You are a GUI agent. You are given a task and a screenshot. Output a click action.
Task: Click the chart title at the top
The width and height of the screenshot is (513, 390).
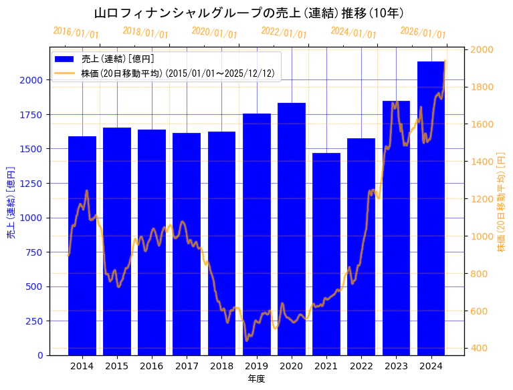point(249,13)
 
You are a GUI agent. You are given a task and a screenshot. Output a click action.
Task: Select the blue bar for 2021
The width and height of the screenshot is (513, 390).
point(326,254)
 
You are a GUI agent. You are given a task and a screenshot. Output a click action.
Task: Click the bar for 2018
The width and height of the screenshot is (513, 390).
point(221,243)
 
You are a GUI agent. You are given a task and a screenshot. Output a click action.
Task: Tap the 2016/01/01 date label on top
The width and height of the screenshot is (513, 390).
point(76,33)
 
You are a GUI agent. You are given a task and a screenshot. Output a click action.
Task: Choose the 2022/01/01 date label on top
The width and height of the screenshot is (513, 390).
point(284,33)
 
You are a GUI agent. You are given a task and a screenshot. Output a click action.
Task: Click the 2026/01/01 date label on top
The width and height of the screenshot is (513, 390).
point(423,33)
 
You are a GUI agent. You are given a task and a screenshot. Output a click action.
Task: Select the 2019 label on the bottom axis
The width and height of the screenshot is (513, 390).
point(257,366)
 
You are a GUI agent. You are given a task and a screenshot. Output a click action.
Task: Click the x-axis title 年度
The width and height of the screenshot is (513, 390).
point(257,379)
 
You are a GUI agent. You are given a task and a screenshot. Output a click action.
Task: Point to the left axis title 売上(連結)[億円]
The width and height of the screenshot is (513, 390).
point(11,202)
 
